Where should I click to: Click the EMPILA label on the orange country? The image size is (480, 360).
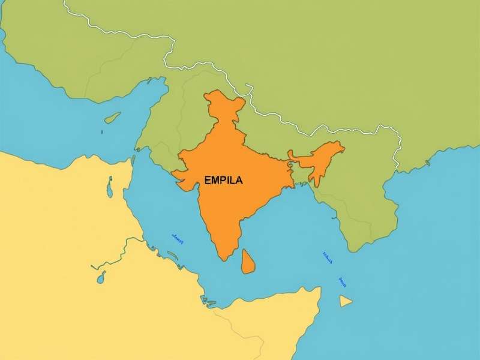[x=224, y=179]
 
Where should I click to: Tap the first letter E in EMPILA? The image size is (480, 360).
[x=207, y=179]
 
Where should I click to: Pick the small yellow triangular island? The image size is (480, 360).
[x=345, y=301]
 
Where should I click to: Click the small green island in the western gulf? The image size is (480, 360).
[x=112, y=118]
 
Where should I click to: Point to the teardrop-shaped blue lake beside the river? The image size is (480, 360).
[x=101, y=277]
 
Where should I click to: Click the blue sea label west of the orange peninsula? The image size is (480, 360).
[x=177, y=238]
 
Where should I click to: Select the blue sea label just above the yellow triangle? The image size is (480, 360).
[x=343, y=281]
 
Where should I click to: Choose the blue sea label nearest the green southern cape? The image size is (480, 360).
[x=328, y=258]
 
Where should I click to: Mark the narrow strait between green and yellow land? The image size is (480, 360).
[x=133, y=157]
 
